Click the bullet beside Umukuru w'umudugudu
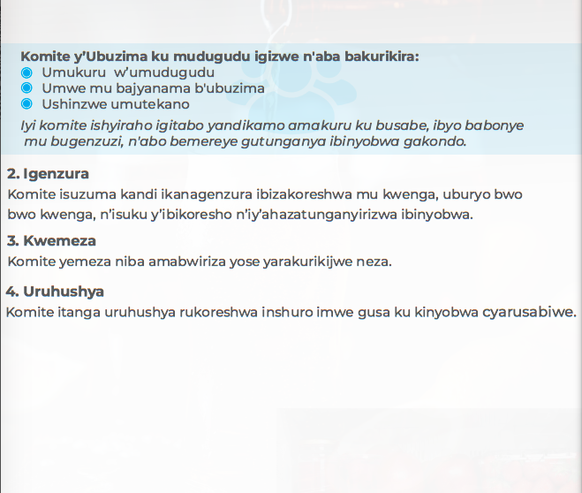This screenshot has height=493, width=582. [x=26, y=72]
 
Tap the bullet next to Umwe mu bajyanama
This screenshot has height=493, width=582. [x=26, y=88]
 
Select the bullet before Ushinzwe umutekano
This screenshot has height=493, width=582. [x=26, y=104]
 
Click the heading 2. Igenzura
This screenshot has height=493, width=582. [x=48, y=174]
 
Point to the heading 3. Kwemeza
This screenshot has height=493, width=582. [x=51, y=241]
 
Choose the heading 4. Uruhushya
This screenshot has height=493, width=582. [x=55, y=292]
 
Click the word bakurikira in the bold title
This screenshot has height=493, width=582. [x=382, y=57]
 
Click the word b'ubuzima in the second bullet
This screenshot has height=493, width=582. [x=230, y=88]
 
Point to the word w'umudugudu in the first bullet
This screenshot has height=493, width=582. [x=164, y=72]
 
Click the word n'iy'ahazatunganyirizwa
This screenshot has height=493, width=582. [x=316, y=215]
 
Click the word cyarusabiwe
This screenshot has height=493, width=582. [x=530, y=312]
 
